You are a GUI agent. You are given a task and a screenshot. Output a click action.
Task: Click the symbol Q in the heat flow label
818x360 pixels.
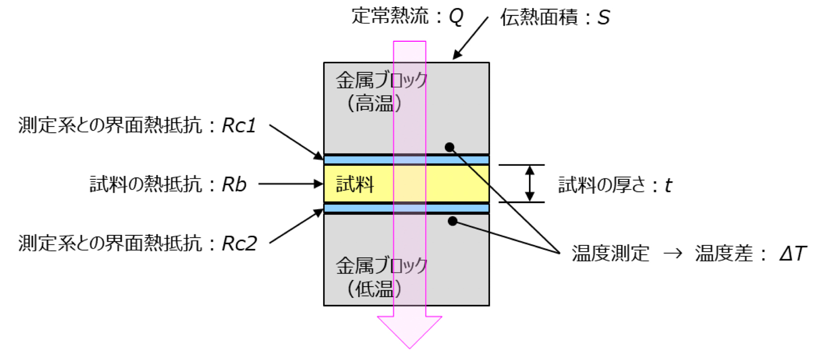coord(456,17)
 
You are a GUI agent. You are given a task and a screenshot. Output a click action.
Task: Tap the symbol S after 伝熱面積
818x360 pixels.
coord(604,18)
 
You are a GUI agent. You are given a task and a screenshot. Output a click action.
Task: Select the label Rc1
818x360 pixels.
coord(239,126)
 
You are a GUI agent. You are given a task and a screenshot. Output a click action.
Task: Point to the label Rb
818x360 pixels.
coord(234,185)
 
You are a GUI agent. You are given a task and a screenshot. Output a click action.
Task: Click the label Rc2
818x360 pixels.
coord(239,244)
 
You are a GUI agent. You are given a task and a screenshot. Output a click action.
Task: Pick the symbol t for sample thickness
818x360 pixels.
coord(668,186)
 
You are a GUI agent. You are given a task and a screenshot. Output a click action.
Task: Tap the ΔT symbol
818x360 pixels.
coord(793,254)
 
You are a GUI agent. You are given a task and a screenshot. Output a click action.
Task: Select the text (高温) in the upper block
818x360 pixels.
coord(374,103)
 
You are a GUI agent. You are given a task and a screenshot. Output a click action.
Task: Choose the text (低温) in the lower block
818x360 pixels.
coord(374,289)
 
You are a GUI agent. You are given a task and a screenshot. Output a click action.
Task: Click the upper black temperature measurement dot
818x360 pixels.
coord(449,147)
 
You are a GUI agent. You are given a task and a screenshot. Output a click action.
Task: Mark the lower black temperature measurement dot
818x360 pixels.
coord(452,221)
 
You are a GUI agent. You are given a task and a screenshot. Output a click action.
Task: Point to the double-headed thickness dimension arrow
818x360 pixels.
coord(529,184)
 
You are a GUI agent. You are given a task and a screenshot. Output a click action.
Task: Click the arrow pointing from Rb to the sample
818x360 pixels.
coord(290,184)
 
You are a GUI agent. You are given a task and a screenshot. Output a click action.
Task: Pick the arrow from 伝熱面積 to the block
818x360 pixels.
coord(471,38)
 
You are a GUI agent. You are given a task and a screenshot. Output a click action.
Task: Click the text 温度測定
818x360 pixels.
coord(610,254)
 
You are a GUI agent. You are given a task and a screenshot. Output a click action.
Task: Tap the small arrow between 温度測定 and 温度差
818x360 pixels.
coord(673,254)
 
